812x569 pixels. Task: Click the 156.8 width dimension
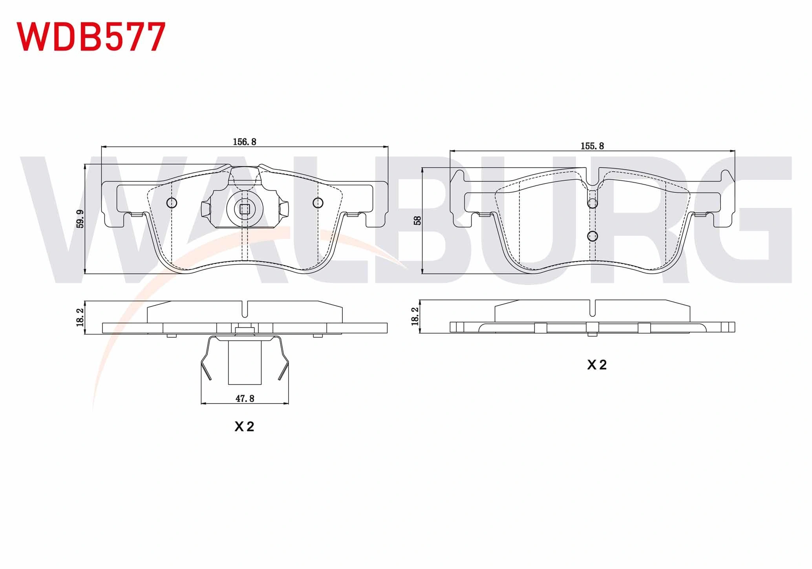[244, 142]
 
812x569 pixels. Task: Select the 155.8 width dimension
[592, 146]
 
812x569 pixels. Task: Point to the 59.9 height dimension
[80, 219]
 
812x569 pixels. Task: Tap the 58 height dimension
[417, 220]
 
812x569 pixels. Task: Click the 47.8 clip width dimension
[245, 399]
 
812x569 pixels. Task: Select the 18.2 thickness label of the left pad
[80, 317]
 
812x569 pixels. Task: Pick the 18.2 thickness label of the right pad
[415, 316]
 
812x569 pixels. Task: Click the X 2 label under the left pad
[244, 427]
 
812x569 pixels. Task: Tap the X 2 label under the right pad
[597, 365]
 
